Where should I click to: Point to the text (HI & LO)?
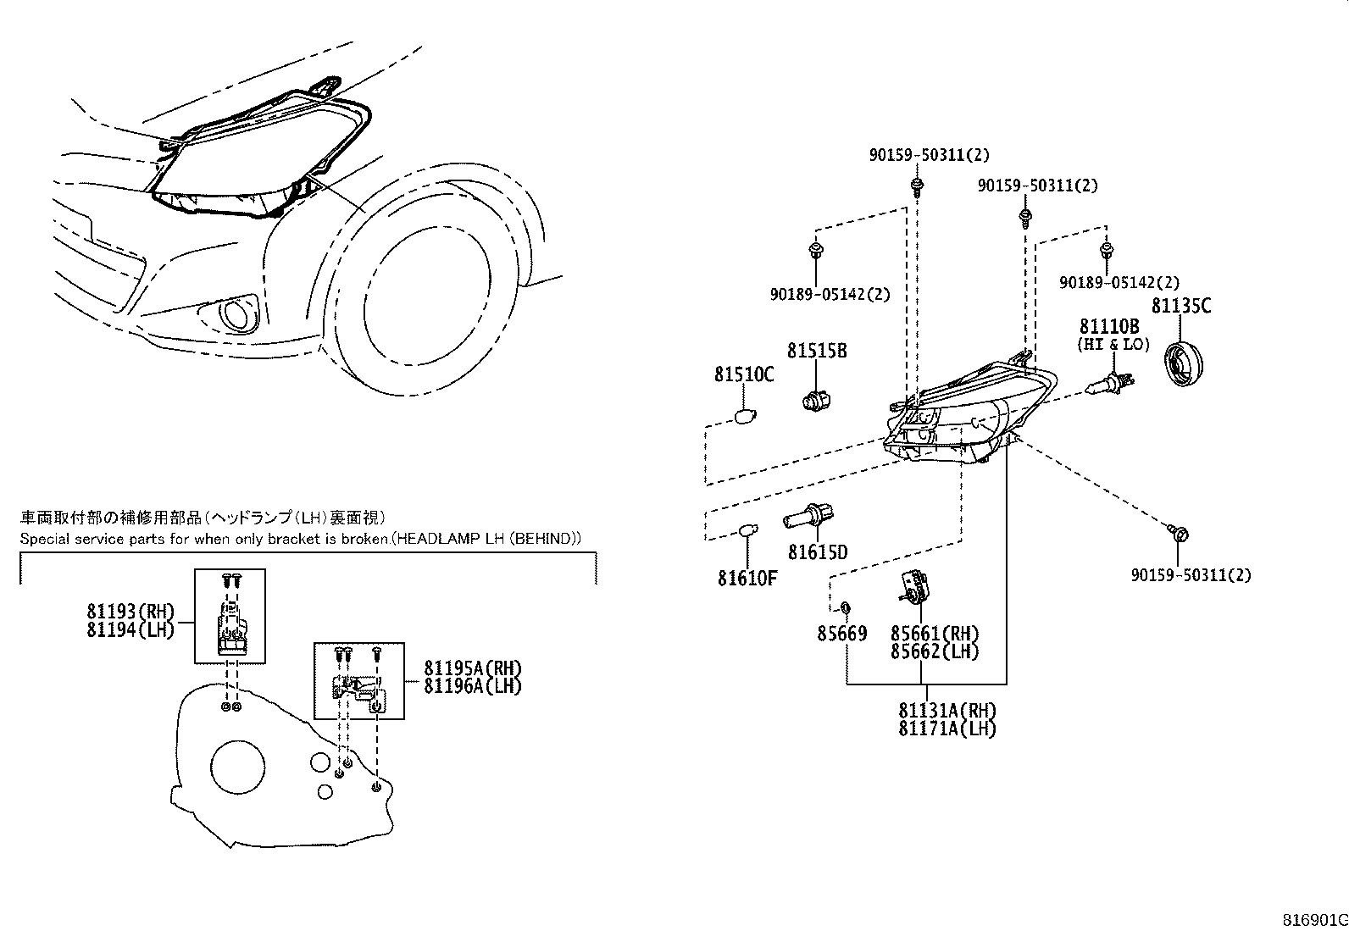pos(1113,345)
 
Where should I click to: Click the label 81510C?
pos(743,374)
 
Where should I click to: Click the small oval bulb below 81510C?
pos(743,417)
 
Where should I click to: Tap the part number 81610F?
pos(747,579)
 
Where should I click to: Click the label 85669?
pos(841,633)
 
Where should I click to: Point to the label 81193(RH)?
pos(130,612)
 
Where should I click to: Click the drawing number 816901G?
pos(1313,921)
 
